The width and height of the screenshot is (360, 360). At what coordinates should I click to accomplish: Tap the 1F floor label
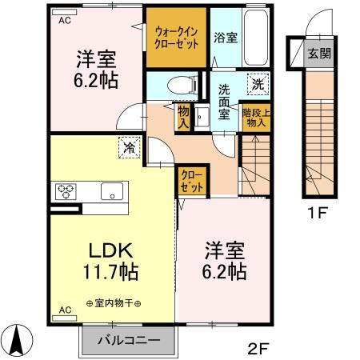[x=318, y=213]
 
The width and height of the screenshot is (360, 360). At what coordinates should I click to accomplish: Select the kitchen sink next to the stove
[x=111, y=191]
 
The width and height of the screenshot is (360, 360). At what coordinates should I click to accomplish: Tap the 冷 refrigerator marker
[x=130, y=146]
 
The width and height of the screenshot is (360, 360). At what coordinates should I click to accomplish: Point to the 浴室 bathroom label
[x=224, y=36]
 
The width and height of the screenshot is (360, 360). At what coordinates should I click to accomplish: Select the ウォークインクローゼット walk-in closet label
[x=176, y=36]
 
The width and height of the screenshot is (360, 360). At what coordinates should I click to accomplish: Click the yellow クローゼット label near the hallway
[x=191, y=178]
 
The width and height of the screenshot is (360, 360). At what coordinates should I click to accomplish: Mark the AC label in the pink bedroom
[x=64, y=21]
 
